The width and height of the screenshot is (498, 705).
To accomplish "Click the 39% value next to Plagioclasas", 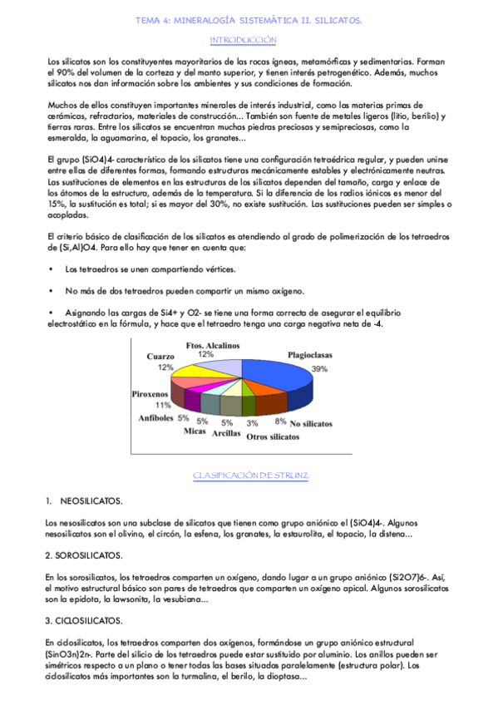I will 318,367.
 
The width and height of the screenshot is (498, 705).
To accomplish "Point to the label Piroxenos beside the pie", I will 150,394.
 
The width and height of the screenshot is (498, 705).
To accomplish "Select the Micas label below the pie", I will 195,432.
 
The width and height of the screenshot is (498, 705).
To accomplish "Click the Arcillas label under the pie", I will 226,433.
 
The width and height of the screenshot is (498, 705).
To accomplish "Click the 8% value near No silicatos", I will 280,422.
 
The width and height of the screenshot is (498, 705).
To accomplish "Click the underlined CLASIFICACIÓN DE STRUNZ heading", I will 249,475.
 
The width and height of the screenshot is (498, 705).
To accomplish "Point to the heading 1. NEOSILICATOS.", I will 85,501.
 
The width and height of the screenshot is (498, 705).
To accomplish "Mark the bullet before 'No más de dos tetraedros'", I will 52,290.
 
